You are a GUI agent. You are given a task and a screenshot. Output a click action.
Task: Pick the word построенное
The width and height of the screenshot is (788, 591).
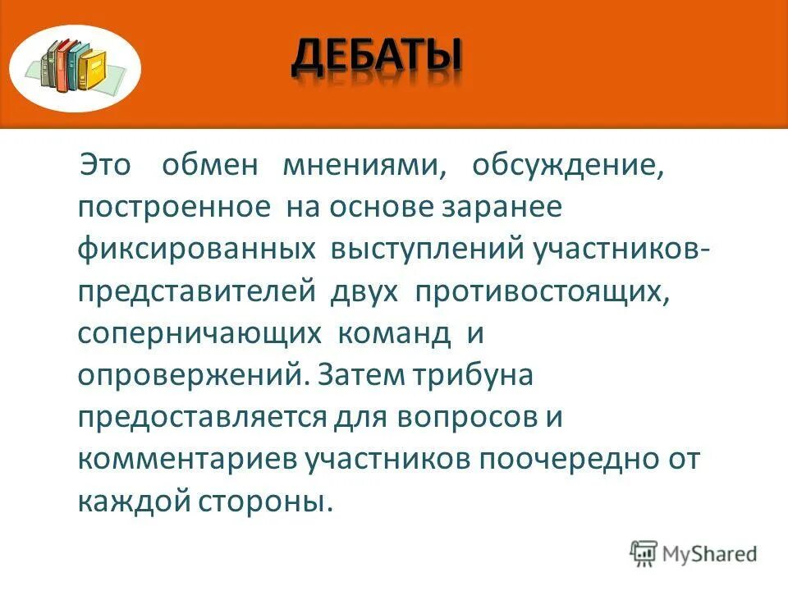click(175, 208)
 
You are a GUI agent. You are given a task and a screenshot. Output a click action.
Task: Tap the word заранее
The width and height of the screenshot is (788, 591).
click(503, 208)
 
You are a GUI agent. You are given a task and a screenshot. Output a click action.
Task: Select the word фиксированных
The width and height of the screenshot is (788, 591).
click(198, 250)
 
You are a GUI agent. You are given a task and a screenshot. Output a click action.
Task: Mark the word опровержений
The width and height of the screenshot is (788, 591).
click(194, 377)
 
